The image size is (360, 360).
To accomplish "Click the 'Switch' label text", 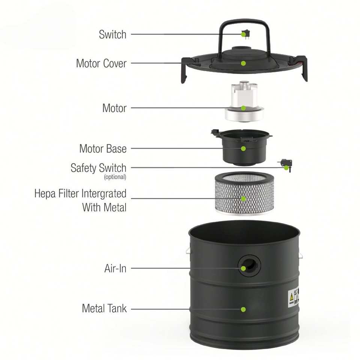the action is click(112, 34).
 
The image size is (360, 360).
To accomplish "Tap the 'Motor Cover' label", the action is click(101, 63).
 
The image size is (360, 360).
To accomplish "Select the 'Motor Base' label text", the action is click(103, 148).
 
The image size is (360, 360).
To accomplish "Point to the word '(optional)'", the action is click(115, 177).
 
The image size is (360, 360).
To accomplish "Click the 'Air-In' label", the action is click(115, 268).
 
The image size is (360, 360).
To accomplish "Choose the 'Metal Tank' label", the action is click(104, 308).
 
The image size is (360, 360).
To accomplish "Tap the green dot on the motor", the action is click(243, 108).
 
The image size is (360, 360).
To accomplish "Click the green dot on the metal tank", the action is click(243, 309).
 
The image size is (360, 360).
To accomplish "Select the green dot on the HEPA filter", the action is click(243, 199).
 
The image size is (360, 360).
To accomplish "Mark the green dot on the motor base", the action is click(243, 148).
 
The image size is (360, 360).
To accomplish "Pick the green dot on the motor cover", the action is click(243, 63).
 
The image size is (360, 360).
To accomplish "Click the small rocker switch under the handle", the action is click(246, 34).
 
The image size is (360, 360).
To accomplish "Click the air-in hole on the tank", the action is click(249, 266).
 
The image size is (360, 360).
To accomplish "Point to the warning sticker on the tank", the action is click(293, 297).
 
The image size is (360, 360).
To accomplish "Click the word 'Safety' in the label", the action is click(84, 168).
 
